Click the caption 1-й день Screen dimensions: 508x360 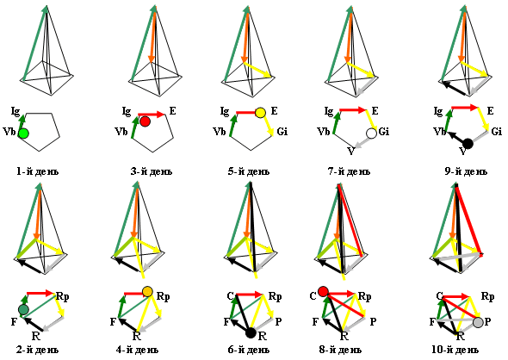pyautogui.click(x=38, y=171)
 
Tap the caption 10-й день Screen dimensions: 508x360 pyautogui.click(x=455, y=350)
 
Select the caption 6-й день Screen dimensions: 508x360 pyautogui.click(x=249, y=350)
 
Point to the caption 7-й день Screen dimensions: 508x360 pyautogui.click(x=349, y=171)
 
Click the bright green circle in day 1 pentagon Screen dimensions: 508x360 pyautogui.click(x=23, y=133)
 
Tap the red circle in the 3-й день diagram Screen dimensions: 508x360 pyautogui.click(x=145, y=121)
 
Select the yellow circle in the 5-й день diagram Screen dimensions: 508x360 pyautogui.click(x=261, y=113)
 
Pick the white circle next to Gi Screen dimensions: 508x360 pyautogui.click(x=372, y=133)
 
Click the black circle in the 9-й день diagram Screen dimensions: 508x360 pyautogui.click(x=468, y=143)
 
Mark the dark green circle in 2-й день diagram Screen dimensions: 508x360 pyautogui.click(x=23, y=310)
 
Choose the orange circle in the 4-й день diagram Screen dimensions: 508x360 pyautogui.click(x=147, y=291)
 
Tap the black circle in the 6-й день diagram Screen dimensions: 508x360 pyautogui.click(x=251, y=332)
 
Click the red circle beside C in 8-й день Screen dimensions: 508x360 pyautogui.click(x=323, y=291)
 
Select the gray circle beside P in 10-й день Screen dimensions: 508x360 pyautogui.click(x=478, y=322)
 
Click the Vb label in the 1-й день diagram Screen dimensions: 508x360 pyautogui.click(x=9, y=132)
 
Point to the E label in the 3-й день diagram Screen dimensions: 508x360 pyautogui.click(x=173, y=111)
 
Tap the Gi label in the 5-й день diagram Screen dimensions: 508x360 pyautogui.click(x=282, y=132)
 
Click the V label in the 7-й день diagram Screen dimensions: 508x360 pyautogui.click(x=351, y=152)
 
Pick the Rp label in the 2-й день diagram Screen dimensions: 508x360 pyautogui.click(x=63, y=296)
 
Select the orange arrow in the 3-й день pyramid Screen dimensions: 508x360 pyautogui.click(x=153, y=34)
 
